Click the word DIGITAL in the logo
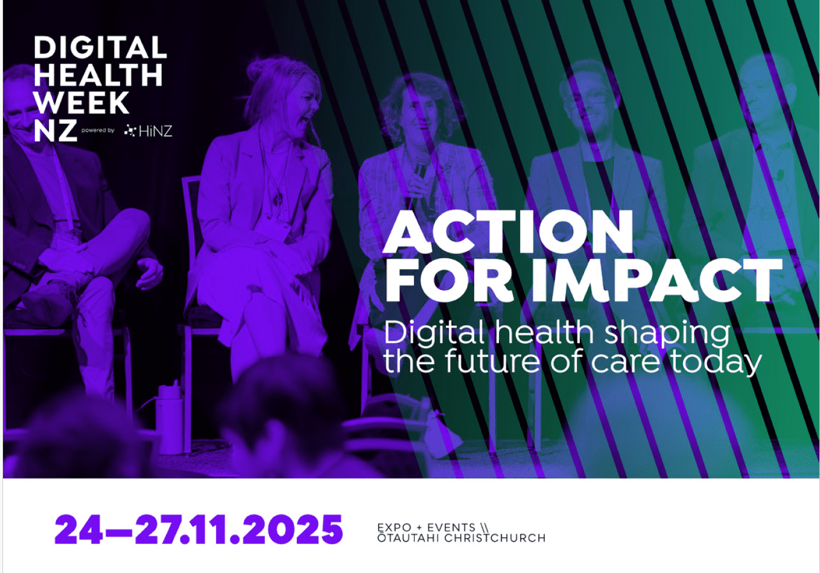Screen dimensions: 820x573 click(x=100, y=47)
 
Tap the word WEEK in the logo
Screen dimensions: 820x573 click(x=81, y=103)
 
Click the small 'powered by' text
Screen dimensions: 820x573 click(x=98, y=130)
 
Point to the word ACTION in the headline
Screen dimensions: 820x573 click(x=507, y=232)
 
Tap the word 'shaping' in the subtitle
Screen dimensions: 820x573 click(x=667, y=334)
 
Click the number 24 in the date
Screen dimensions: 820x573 click(x=79, y=530)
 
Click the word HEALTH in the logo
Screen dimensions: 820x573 click(x=98, y=75)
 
